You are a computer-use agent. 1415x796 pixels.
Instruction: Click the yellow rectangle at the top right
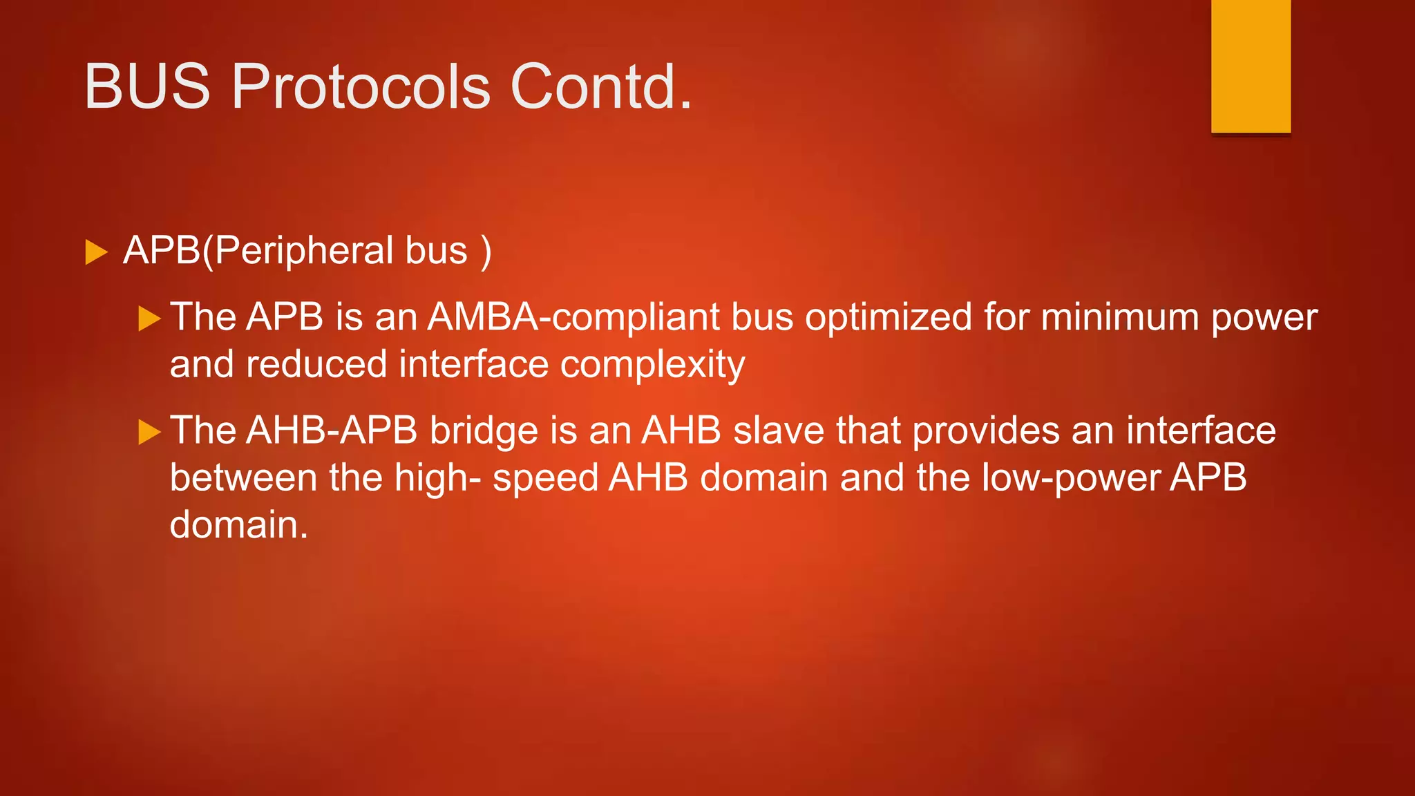click(1251, 66)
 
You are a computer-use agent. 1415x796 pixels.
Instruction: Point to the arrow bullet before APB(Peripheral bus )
click(96, 252)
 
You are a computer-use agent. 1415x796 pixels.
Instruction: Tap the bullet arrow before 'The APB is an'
click(149, 319)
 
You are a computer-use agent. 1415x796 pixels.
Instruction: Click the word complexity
click(652, 365)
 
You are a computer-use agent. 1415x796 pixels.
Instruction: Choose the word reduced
click(316, 364)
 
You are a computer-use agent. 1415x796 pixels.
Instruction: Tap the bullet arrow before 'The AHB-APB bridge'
click(149, 432)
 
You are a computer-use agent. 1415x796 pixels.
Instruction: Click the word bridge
click(483, 431)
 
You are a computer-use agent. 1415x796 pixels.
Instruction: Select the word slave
click(778, 430)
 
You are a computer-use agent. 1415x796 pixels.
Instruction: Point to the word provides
click(985, 431)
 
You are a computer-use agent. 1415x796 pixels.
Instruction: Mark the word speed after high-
click(544, 479)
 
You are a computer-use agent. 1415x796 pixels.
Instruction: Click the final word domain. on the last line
click(238, 524)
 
